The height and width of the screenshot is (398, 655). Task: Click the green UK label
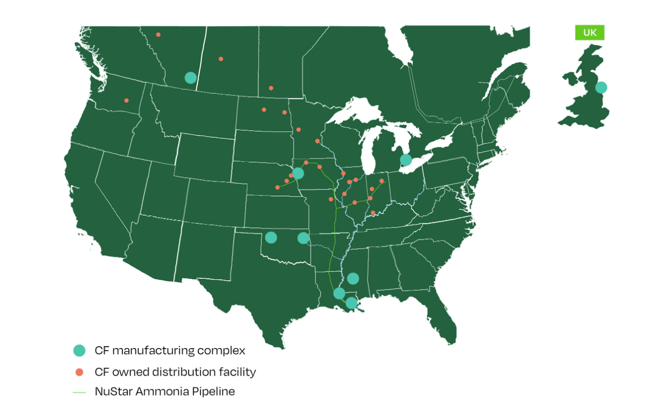tap(589, 33)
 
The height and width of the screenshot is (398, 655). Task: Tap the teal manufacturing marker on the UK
tap(601, 88)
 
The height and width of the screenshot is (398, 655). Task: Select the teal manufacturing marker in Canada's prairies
tap(190, 77)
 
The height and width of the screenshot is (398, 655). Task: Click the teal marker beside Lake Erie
tap(406, 160)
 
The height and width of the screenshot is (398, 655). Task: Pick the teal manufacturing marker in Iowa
tap(298, 174)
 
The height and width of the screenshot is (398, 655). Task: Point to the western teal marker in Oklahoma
tap(271, 237)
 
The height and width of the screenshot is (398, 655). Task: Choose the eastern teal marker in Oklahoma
tap(303, 238)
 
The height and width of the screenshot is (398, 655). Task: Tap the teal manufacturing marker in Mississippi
tap(353, 278)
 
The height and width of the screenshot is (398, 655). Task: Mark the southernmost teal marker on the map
tap(351, 303)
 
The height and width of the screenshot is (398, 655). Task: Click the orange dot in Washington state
tap(126, 100)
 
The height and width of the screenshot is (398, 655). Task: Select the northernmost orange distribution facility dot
tap(158, 35)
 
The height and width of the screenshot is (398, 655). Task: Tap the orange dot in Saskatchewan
tap(221, 59)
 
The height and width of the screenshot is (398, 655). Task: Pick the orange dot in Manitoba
tap(271, 88)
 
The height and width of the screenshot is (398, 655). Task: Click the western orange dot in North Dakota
tap(264, 110)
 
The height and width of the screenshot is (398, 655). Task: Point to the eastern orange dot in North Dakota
tap(284, 112)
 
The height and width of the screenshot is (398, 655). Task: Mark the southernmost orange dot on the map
tap(373, 213)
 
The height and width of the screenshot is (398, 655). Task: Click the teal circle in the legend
tap(79, 351)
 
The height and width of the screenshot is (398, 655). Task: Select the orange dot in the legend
tap(79, 372)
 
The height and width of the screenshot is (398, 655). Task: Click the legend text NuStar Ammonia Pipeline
tap(165, 391)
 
